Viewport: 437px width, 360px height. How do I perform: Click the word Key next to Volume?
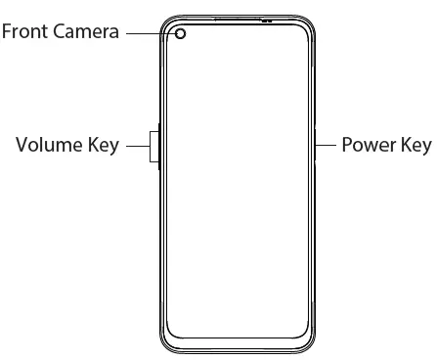[x=104, y=147]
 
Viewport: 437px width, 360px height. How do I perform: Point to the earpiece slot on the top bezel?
[x=235, y=18]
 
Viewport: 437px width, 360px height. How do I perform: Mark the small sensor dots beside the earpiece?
[x=267, y=20]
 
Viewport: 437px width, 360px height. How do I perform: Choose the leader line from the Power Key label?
[x=328, y=147]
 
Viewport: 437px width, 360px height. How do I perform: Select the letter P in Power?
[x=348, y=147]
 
